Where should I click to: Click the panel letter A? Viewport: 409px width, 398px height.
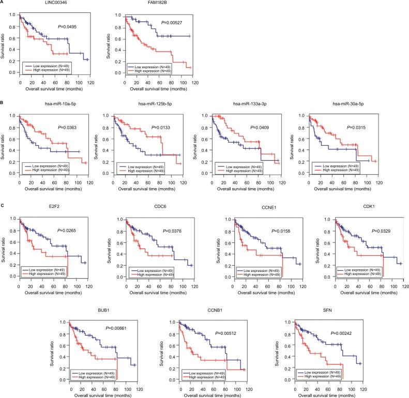pyautogui.click(x=3, y=3)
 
